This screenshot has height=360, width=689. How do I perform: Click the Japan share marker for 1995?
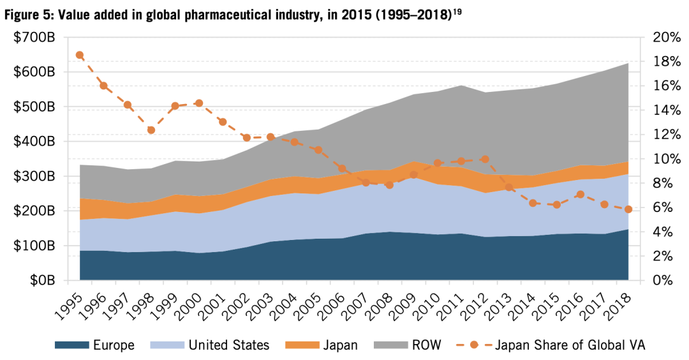pos(80,55)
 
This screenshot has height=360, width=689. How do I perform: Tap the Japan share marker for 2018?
pos(628,209)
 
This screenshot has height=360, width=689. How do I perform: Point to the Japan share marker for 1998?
pos(151,130)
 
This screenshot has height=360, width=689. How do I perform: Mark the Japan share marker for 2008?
pos(389,185)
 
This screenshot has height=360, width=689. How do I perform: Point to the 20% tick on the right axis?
pos(665,38)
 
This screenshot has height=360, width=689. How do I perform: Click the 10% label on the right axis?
pos(665,159)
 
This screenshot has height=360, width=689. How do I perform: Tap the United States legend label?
pos(229,345)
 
